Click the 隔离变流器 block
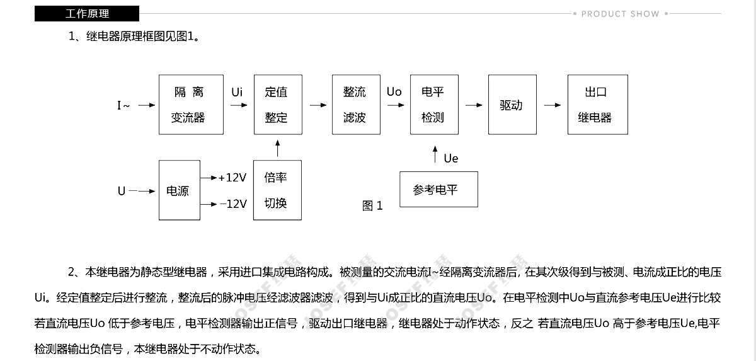191,105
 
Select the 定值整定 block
278,105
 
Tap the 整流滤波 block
356,105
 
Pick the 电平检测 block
434,105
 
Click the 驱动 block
512,105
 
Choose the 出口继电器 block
598,105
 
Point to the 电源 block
179,190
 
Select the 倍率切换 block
277,190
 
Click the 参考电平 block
438,189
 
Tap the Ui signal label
237,92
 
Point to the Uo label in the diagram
394,92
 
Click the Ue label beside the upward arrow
451,159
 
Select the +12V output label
232,178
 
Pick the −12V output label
233,203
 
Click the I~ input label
123,106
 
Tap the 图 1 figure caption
372,205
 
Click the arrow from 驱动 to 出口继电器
553,105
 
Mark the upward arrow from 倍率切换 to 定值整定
277,148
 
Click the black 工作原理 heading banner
87,13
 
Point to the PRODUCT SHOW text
621,14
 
